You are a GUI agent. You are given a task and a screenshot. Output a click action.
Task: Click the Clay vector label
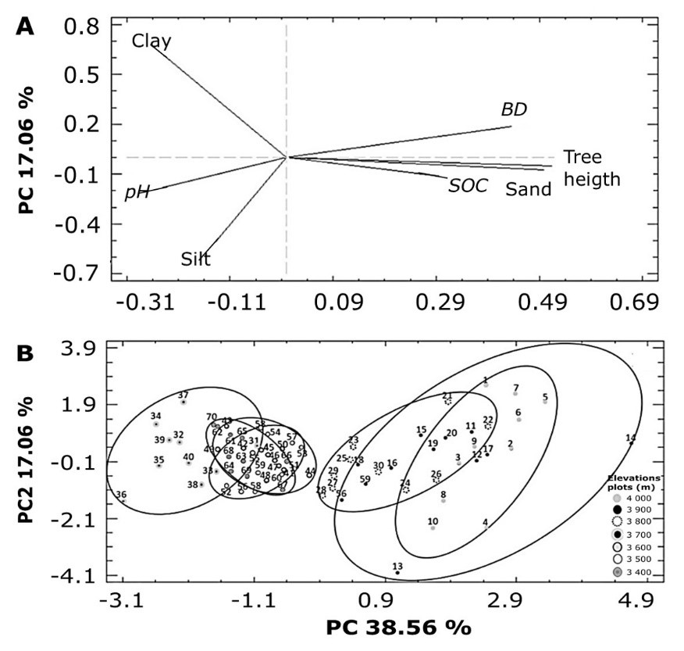pyautogui.click(x=151, y=40)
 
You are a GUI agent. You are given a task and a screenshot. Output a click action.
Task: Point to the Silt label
pyautogui.click(x=195, y=259)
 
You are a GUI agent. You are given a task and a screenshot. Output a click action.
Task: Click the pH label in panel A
pyautogui.click(x=137, y=192)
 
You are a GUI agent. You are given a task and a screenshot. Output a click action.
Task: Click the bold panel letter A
pyautogui.click(x=26, y=26)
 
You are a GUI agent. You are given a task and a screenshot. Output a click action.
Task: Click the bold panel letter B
pyautogui.click(x=26, y=353)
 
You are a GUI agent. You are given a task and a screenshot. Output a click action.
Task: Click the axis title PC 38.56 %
pyautogui.click(x=398, y=628)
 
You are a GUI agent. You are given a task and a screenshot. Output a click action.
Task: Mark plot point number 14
pyautogui.click(x=631, y=443)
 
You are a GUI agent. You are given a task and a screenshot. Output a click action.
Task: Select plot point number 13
pyautogui.click(x=397, y=573)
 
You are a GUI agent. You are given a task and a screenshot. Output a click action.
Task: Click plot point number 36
pyautogui.click(x=123, y=500)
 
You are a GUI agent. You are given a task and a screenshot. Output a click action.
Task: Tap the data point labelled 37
pyautogui.click(x=183, y=402)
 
